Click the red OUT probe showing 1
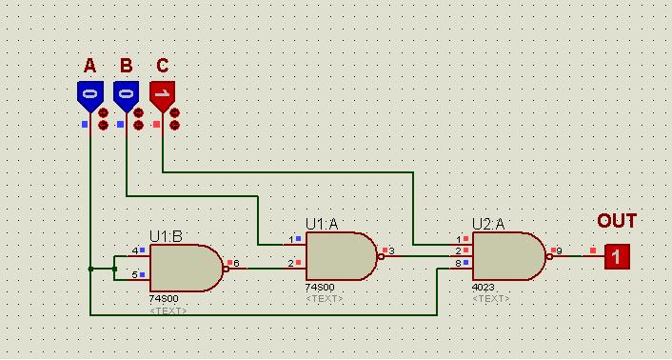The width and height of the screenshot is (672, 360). [x=617, y=257]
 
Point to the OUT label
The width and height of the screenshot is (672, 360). [x=617, y=221]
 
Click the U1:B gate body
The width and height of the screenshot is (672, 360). [x=187, y=269]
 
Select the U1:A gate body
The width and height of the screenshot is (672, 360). [x=342, y=256]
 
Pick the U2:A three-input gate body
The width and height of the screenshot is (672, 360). [x=509, y=256]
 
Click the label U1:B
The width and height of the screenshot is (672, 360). [x=166, y=237]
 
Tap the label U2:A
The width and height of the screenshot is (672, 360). [x=488, y=224]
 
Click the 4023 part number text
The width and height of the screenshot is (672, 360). [x=483, y=288]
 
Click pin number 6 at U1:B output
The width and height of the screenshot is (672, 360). [x=236, y=263]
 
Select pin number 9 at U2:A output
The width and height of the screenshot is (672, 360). [x=560, y=250]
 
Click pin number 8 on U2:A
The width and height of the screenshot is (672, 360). [x=458, y=264]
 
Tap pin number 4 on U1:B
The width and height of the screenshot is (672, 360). [x=135, y=250]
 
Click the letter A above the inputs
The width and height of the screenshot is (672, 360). [x=90, y=66]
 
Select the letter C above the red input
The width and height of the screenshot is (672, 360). [x=163, y=66]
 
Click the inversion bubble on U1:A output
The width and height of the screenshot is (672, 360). [x=381, y=256]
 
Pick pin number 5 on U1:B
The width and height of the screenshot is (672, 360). [x=134, y=275]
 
